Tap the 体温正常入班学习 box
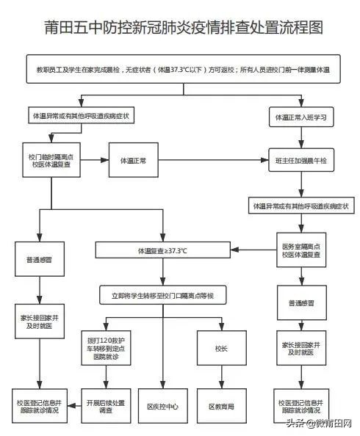300,117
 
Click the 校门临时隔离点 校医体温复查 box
48,160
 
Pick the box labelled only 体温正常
133,160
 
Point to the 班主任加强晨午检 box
300,160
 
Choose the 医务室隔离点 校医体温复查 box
300,251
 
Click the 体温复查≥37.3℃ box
162,251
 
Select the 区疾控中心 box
163,406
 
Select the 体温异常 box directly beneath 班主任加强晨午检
300,206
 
